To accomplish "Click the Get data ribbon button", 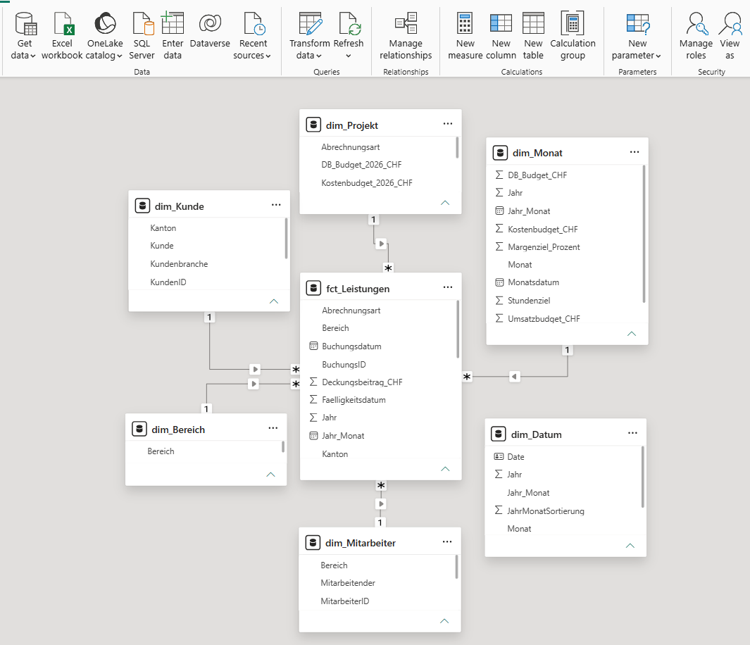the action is [x=23, y=37].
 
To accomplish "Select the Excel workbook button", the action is [x=62, y=37].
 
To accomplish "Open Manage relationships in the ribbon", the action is [x=406, y=37].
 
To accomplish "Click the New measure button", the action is [x=465, y=37].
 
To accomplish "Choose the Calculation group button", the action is [x=573, y=37].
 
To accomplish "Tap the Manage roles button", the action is [x=696, y=37].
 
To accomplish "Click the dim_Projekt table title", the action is [x=352, y=125].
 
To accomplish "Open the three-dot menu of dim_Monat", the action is [x=635, y=152].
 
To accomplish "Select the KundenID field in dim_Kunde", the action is [x=168, y=282].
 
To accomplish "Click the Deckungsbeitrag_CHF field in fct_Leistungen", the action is [x=362, y=382].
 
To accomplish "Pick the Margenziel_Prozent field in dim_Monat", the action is [x=544, y=246].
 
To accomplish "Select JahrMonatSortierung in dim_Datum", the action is [x=546, y=511].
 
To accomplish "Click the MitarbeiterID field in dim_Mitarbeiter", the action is [x=345, y=601].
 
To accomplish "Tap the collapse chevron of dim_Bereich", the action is [x=270, y=475].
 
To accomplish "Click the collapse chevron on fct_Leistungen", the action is [x=445, y=468].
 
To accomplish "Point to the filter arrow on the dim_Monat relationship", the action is [x=514, y=376].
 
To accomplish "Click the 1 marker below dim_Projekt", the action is [x=373, y=220].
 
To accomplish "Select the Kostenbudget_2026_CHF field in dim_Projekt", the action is [x=367, y=182].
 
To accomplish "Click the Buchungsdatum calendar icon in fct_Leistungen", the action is [x=313, y=346].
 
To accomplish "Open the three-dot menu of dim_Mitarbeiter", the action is [x=447, y=541].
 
